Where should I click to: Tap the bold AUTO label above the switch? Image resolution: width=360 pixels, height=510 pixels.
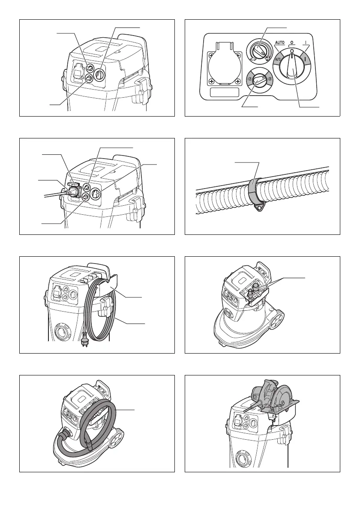(279, 43)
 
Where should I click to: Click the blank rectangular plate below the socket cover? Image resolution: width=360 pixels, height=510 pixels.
(223, 93)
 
